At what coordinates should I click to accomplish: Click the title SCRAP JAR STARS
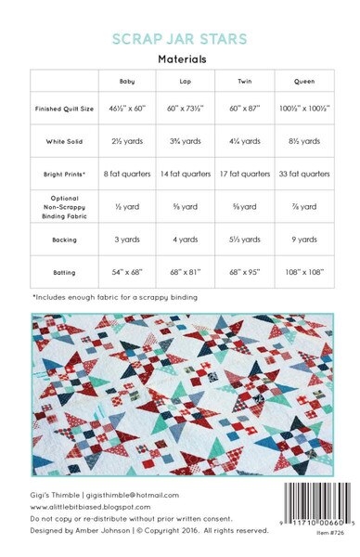(x=181, y=40)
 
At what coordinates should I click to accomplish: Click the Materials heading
(x=181, y=58)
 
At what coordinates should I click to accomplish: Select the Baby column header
(x=127, y=82)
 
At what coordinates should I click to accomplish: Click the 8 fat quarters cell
(x=127, y=174)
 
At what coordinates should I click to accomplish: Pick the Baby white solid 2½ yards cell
(x=127, y=142)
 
